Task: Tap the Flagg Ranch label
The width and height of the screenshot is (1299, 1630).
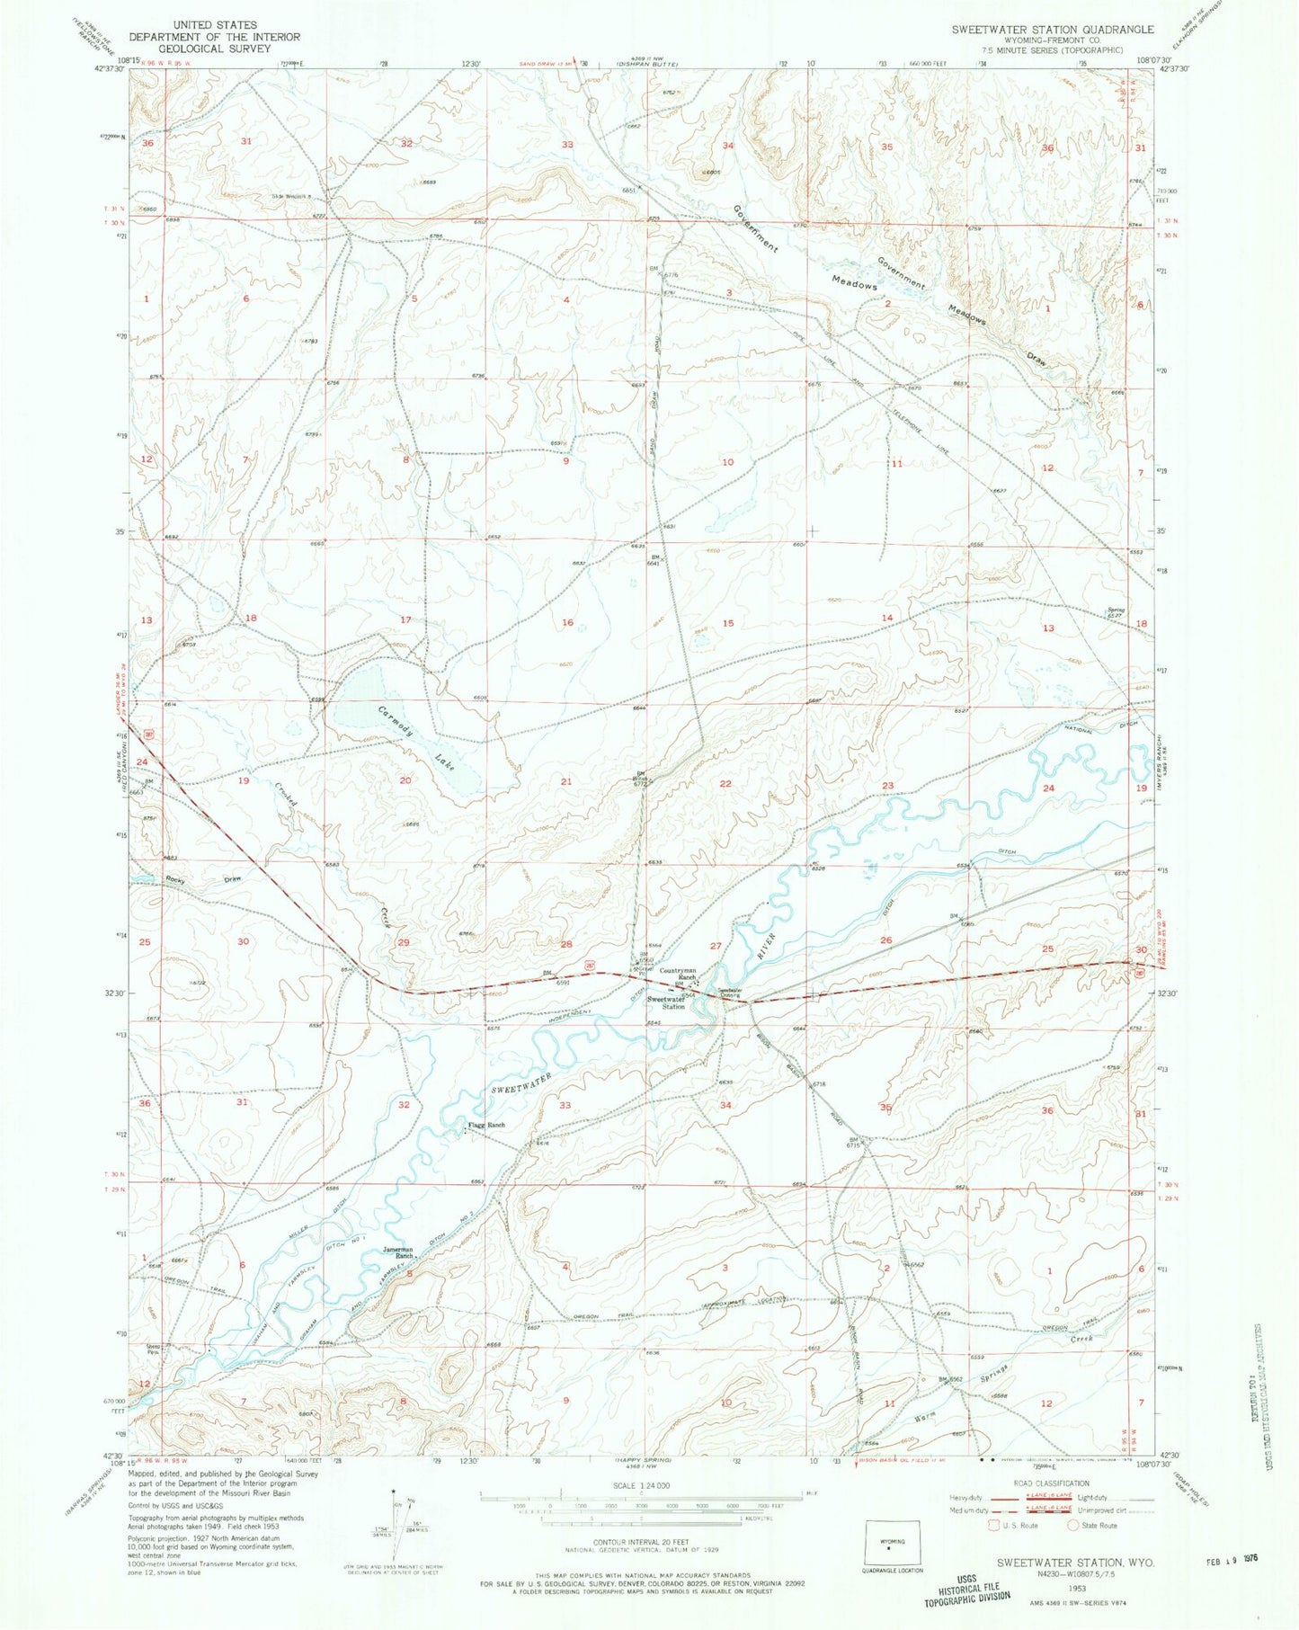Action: [485, 1125]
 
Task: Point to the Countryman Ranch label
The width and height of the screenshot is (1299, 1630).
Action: [679, 974]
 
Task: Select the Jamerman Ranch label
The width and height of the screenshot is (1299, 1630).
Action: [397, 1253]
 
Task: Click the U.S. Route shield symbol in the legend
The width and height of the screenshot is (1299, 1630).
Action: [992, 1526]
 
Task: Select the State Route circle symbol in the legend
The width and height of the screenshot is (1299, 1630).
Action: [1072, 1526]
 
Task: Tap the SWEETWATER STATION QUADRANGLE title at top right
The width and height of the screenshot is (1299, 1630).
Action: [1053, 30]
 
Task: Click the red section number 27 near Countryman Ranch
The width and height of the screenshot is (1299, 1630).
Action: [716, 946]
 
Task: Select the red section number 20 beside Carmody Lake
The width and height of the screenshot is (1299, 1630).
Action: [405, 780]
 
